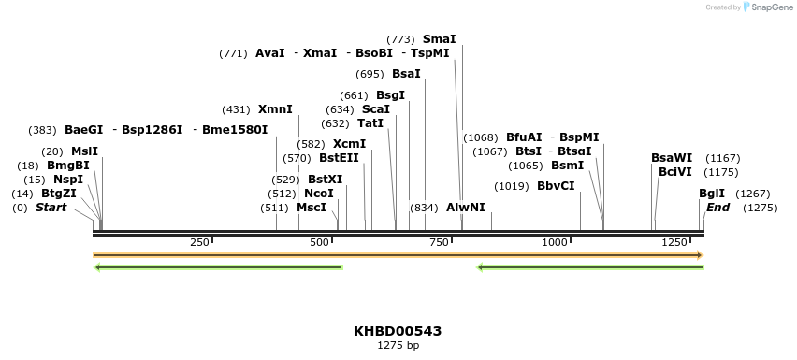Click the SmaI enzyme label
click(x=439, y=39)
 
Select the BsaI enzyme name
click(x=406, y=74)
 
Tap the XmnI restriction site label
click(x=275, y=109)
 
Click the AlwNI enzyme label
click(x=466, y=207)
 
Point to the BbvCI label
click(x=556, y=186)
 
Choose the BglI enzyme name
click(x=711, y=194)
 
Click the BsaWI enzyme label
click(x=672, y=158)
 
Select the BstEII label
click(x=339, y=158)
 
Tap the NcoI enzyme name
click(x=319, y=194)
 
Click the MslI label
click(x=84, y=151)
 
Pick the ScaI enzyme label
click(x=376, y=109)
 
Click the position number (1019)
click(x=511, y=186)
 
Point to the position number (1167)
click(x=722, y=158)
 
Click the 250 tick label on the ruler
click(x=199, y=242)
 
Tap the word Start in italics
click(x=51, y=208)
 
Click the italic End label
click(x=717, y=208)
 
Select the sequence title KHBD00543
click(x=398, y=331)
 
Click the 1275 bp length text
click(x=398, y=346)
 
